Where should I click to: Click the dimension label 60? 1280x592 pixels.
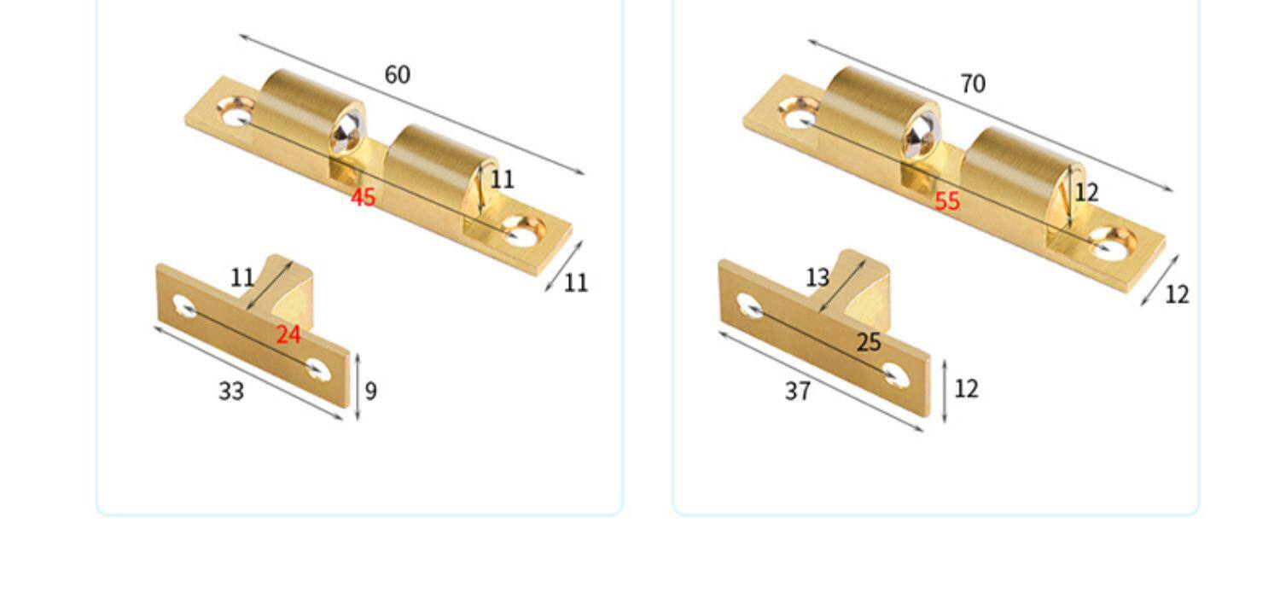click(x=397, y=75)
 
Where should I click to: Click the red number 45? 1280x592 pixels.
click(x=363, y=198)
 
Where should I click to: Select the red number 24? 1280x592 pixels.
click(x=288, y=334)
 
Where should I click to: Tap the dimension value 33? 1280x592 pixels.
click(x=231, y=392)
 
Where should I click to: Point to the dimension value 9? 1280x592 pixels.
click(x=371, y=392)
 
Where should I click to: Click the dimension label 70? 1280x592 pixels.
click(x=973, y=84)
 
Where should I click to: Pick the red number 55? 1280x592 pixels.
click(x=947, y=201)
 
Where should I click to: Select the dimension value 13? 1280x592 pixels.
click(x=817, y=278)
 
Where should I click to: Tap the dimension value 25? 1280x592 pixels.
click(x=869, y=342)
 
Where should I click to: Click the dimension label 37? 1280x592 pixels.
click(x=798, y=392)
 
